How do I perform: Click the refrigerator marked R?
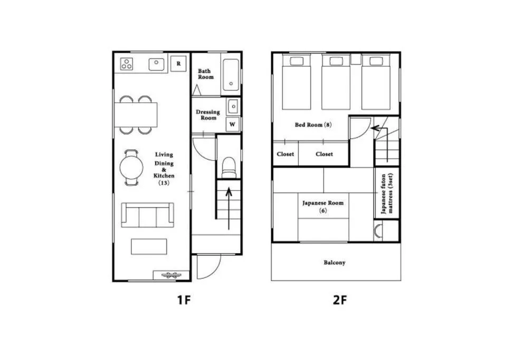pyautogui.click(x=178, y=63)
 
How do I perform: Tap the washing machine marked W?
pyautogui.click(x=232, y=125)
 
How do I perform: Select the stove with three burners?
pyautogui.click(x=127, y=64)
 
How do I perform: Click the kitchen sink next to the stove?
pyautogui.click(x=156, y=64)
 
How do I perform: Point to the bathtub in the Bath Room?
pyautogui.click(x=231, y=75)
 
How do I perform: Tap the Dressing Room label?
pyautogui.click(x=208, y=115)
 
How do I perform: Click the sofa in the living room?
pyautogui.click(x=147, y=215)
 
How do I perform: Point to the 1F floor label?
pyautogui.click(x=183, y=300)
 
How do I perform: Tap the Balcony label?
pyautogui.click(x=335, y=263)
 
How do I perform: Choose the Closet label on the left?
pyautogui.click(x=285, y=154)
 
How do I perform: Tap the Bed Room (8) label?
pyautogui.click(x=313, y=125)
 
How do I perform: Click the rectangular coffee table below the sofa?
pyautogui.click(x=149, y=246)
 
